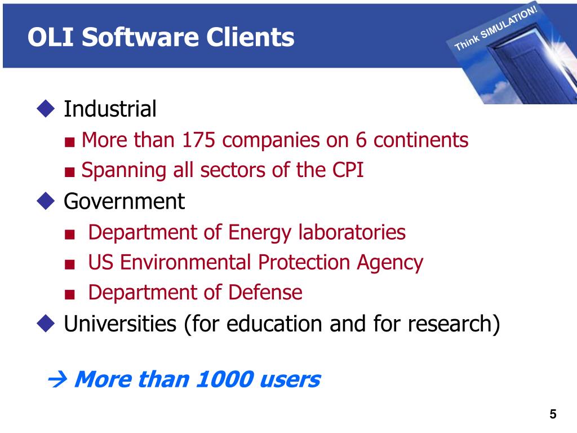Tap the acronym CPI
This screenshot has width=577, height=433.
click(345, 170)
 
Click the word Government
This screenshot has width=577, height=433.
click(124, 201)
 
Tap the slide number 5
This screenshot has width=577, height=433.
click(553, 415)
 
